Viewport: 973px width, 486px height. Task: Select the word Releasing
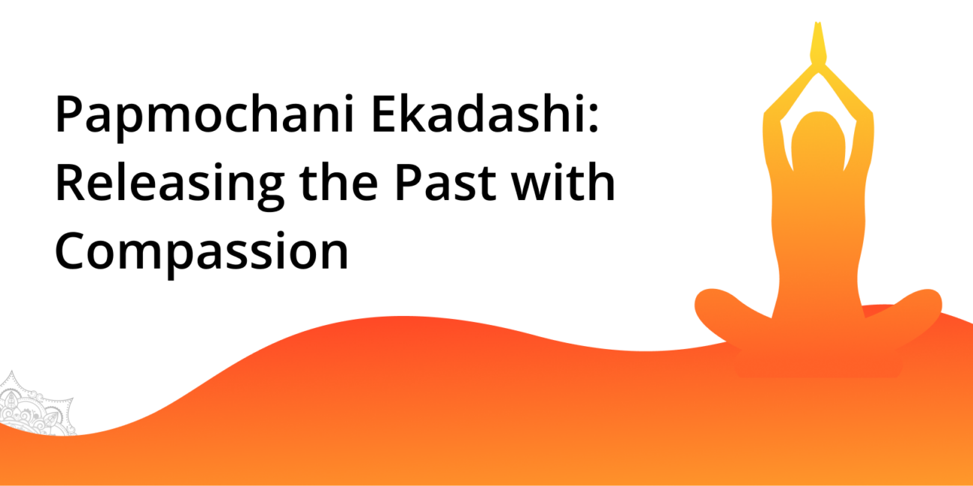[x=169, y=184]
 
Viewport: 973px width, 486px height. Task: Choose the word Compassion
[x=201, y=252]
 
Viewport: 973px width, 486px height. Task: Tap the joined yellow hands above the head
[x=818, y=43]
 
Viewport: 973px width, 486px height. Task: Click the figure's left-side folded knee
[x=717, y=309]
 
